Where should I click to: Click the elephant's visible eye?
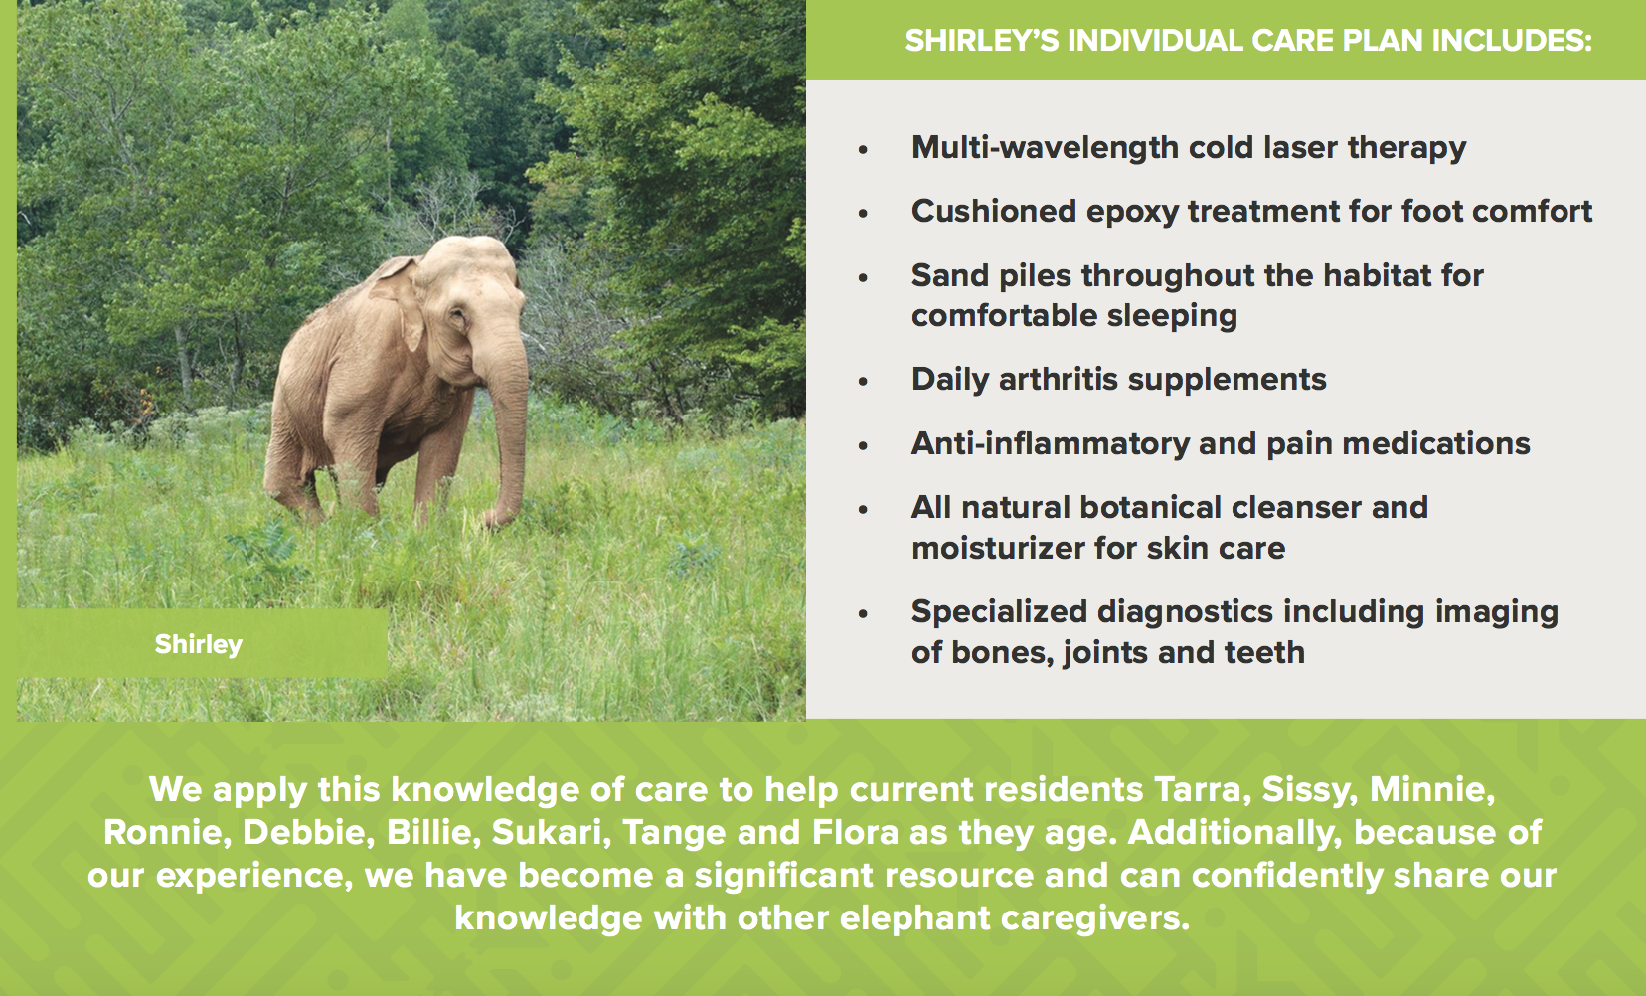pyautogui.click(x=459, y=317)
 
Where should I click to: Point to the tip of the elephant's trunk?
pyautogui.click(x=494, y=520)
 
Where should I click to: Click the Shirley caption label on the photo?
pyautogui.click(x=199, y=645)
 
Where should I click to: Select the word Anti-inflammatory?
pyautogui.click(x=1050, y=444)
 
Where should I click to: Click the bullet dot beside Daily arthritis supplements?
pyautogui.click(x=863, y=382)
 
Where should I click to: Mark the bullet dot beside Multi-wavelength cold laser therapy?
pyautogui.click(x=863, y=150)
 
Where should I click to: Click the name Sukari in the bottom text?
pyautogui.click(x=551, y=833)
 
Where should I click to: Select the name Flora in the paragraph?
pyautogui.click(x=856, y=833)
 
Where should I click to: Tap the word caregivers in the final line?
pyautogui.click(x=1094, y=918)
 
